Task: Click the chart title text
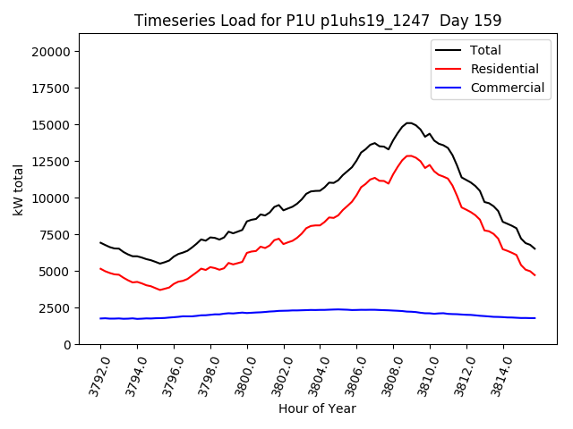318,20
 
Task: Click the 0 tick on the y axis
67,344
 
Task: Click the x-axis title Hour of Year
318,408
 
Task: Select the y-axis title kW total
18,189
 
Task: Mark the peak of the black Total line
408,123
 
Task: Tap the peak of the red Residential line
409,156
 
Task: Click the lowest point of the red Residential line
160,290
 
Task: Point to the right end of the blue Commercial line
535,318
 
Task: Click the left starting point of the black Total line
100,242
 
